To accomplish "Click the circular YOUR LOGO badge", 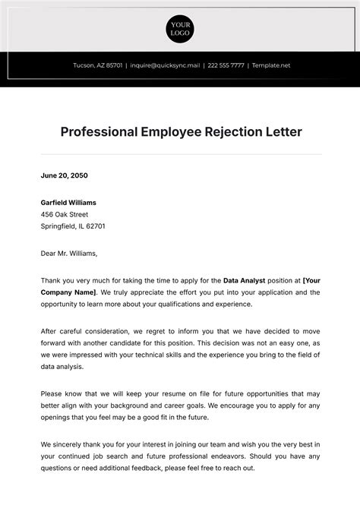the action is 180,29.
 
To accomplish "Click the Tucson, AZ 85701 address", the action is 97,65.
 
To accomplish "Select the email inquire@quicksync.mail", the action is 166,65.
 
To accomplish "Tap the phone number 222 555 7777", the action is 226,65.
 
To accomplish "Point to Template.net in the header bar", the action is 271,65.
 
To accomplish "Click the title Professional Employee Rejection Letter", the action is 180,132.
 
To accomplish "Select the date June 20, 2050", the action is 65,175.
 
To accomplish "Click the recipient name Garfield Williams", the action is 68,203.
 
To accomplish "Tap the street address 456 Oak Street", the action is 65,214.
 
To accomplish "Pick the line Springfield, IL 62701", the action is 73,226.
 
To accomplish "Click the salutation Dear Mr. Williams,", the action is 69,254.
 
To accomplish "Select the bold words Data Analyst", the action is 243,280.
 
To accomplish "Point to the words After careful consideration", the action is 81,331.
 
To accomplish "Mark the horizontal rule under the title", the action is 180,154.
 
